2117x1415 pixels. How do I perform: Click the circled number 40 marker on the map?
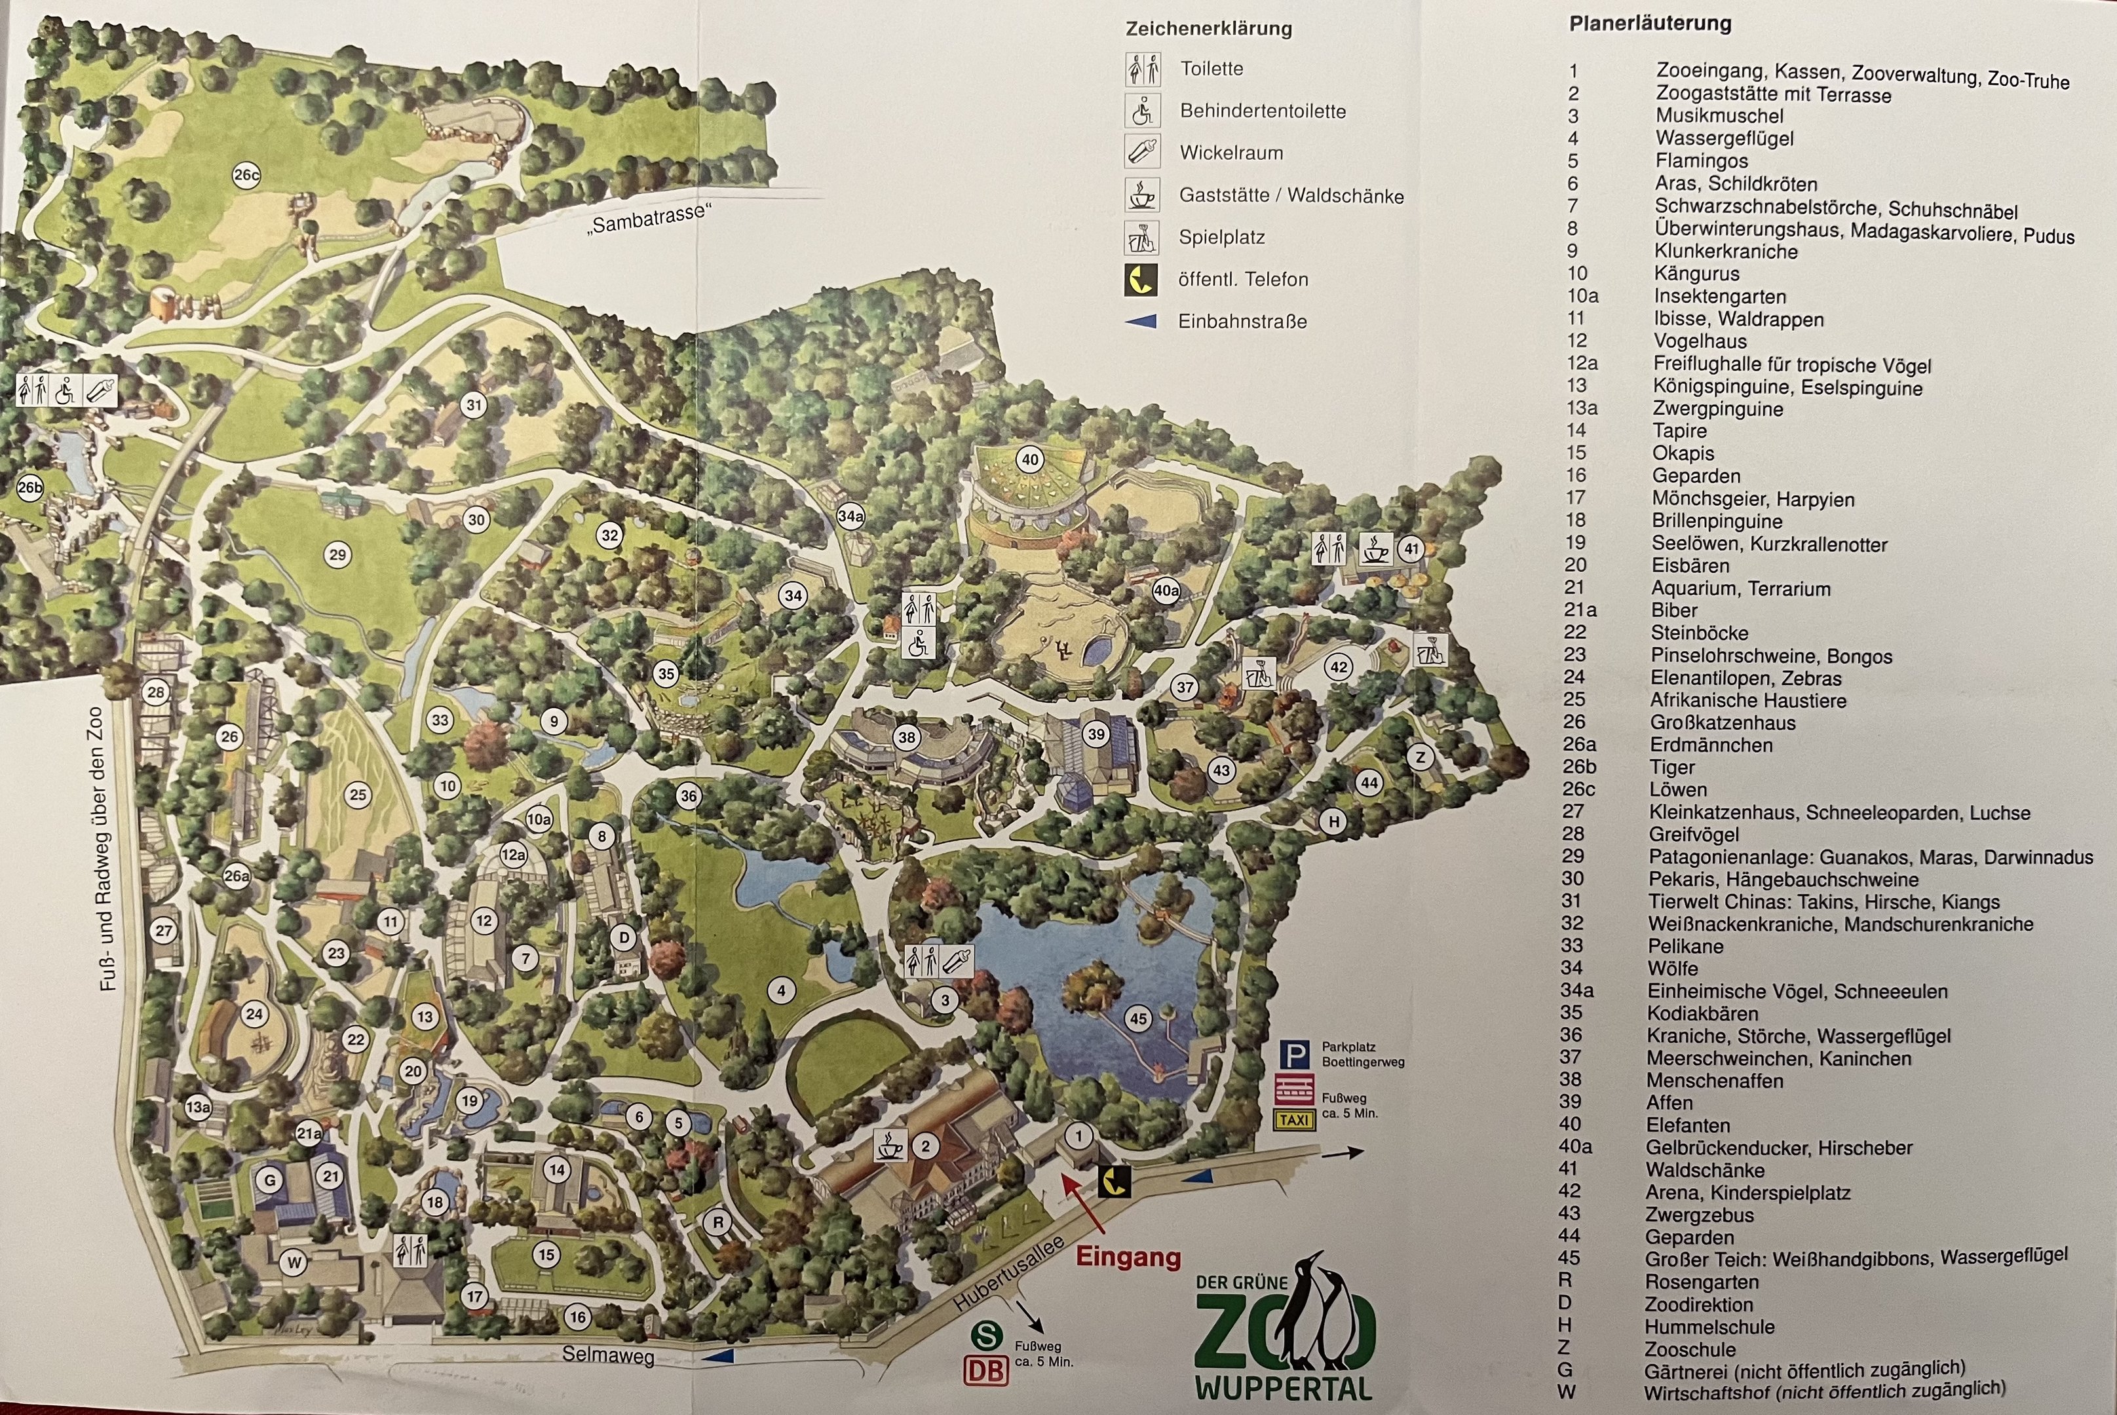1029,459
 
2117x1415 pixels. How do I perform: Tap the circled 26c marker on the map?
246,175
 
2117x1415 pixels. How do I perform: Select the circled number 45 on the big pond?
1138,1019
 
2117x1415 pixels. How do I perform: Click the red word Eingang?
1128,1258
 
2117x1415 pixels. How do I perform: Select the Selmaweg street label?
607,1355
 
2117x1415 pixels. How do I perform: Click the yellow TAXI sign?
1294,1120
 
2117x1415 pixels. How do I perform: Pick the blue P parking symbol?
1294,1054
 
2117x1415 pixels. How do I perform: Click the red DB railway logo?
985,1370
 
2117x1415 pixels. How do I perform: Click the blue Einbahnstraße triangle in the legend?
1141,321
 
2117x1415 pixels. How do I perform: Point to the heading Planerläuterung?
1650,24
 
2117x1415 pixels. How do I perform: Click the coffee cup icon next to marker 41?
1375,549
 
